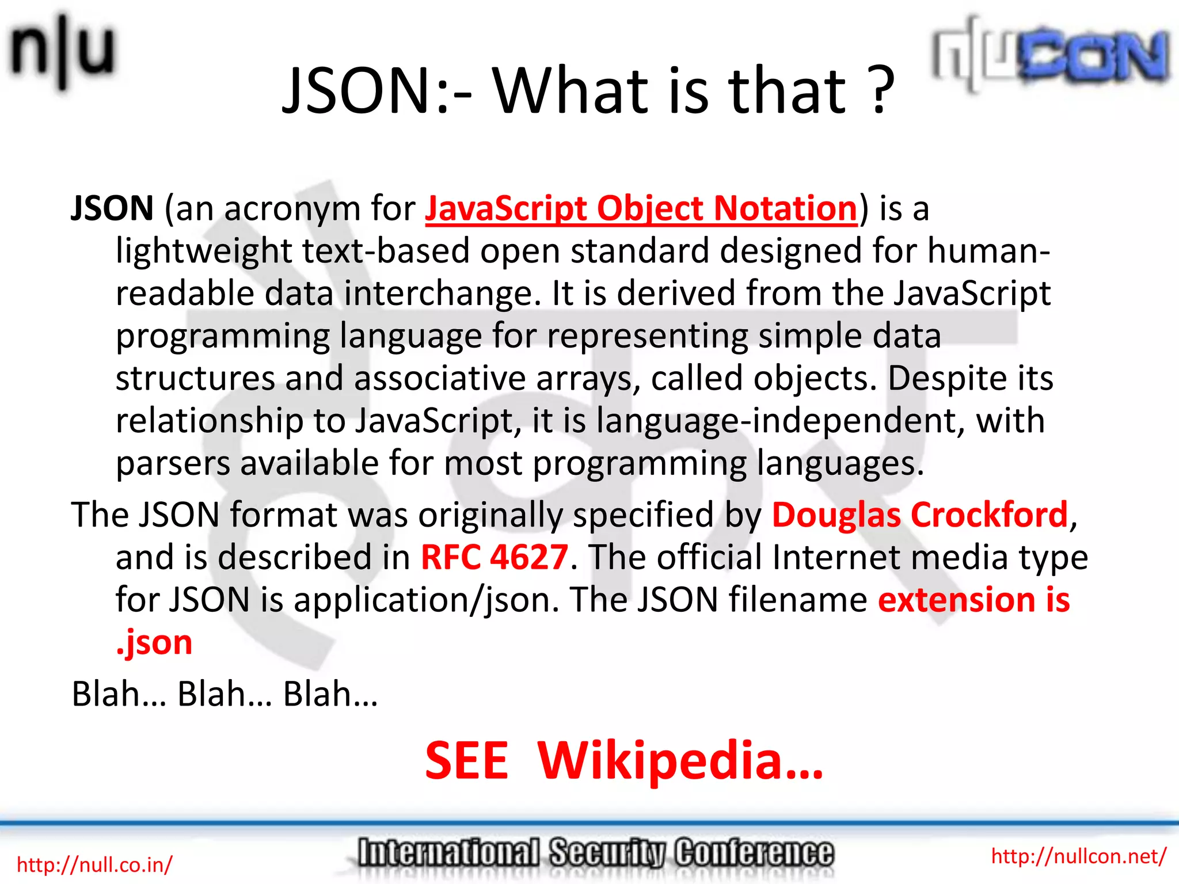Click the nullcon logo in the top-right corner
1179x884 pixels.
coord(1051,55)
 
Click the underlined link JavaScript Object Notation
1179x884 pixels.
coord(641,208)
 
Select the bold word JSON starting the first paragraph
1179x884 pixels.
coord(112,208)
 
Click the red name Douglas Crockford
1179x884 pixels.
coord(919,515)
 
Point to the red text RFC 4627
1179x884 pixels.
coord(495,557)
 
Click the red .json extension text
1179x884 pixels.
coord(154,642)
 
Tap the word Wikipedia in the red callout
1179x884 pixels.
coord(680,761)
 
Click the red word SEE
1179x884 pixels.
coord(467,761)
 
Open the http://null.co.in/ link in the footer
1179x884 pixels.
coord(94,864)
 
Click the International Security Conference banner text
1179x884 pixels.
coord(595,853)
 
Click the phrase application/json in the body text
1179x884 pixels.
coord(427,600)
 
